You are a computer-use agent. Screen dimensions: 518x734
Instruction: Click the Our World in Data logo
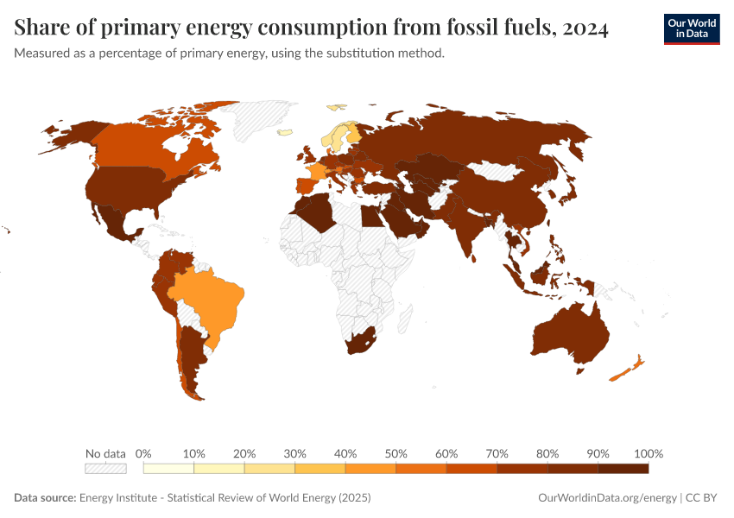coord(691,28)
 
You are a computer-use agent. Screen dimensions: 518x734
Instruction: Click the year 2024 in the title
coord(585,28)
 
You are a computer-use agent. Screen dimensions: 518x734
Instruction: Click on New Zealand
coord(625,369)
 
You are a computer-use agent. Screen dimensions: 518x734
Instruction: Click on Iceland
coord(284,133)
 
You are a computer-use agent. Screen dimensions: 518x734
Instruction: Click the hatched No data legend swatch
coord(105,469)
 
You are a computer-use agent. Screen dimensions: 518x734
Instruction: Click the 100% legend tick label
coord(648,454)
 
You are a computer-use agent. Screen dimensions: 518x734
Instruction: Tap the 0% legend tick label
coord(144,454)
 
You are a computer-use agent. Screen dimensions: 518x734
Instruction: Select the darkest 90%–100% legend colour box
coord(623,469)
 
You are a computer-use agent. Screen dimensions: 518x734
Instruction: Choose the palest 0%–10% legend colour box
coord(168,469)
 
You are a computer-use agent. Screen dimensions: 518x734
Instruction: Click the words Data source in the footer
coord(45,498)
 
